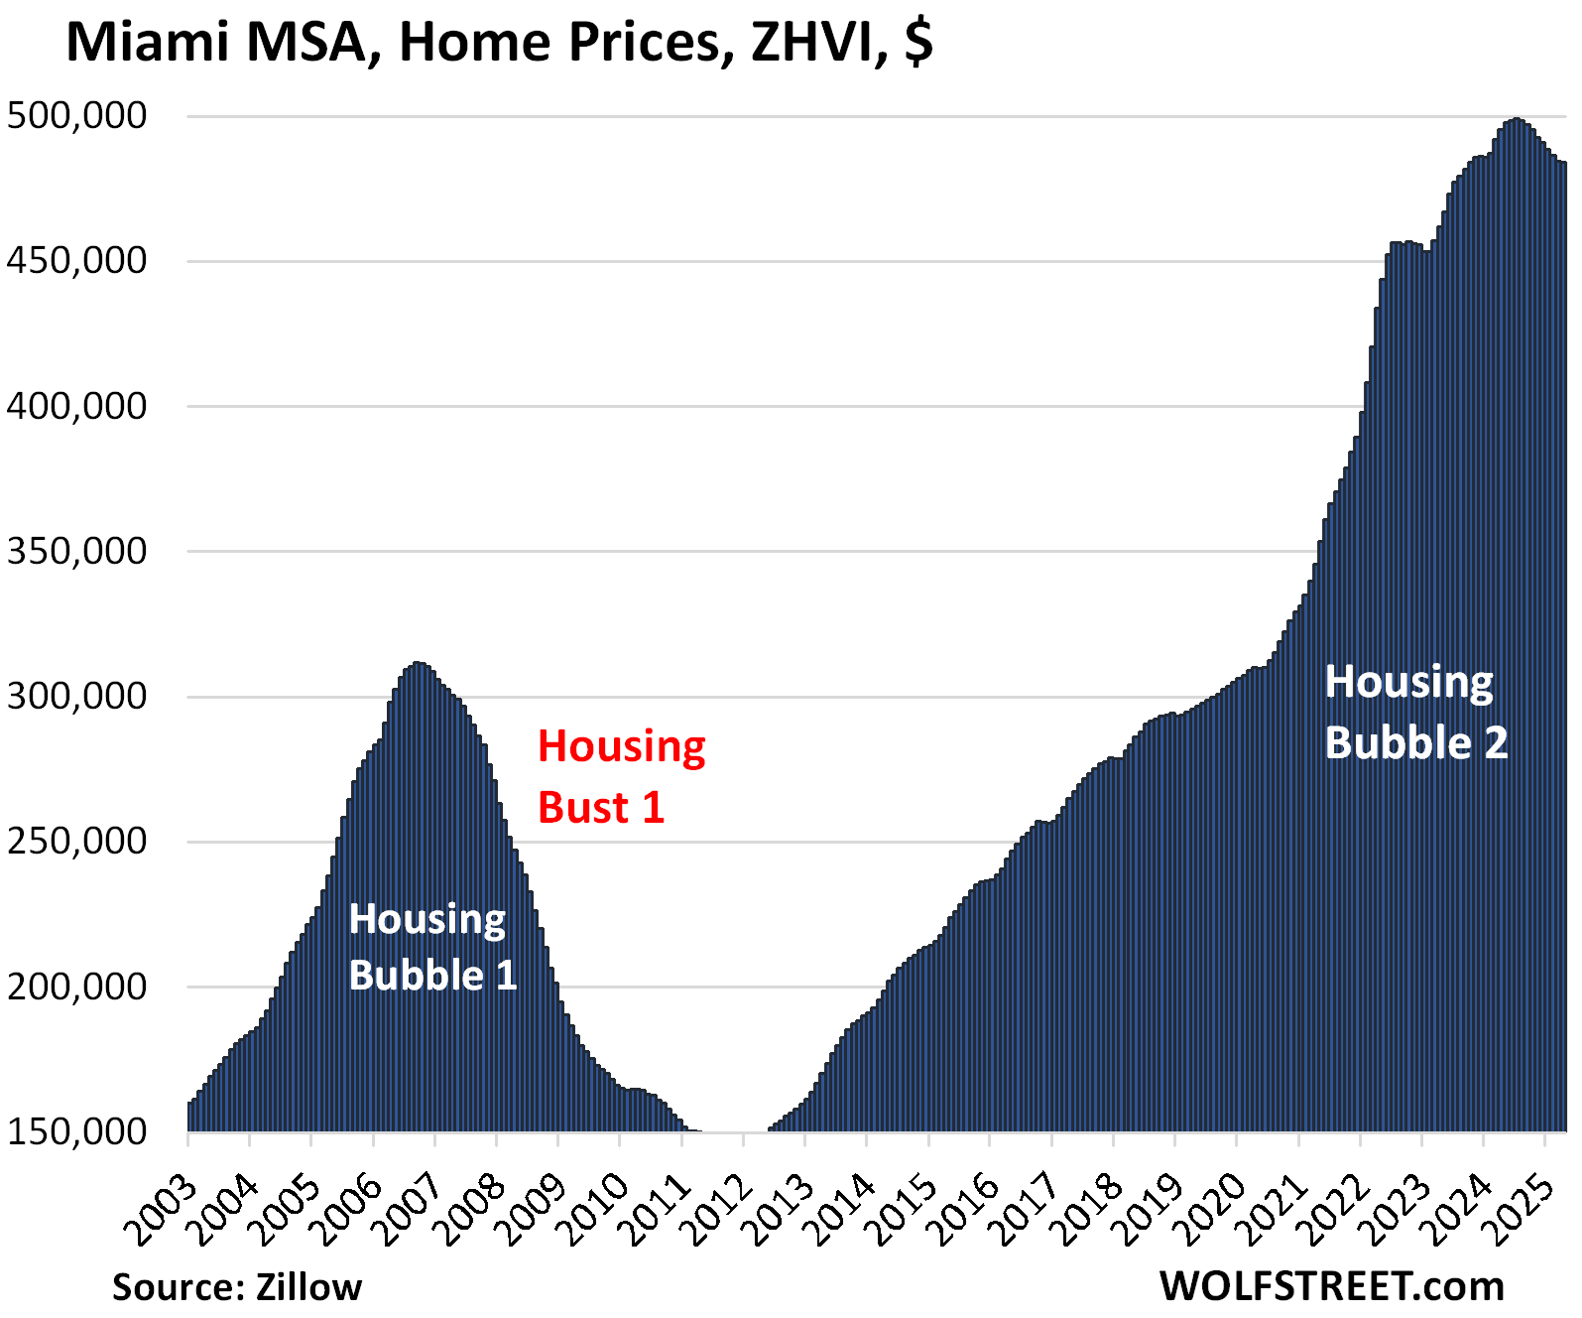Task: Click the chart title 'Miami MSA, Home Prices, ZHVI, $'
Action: pyautogui.click(x=499, y=44)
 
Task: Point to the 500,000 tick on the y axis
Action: pyautogui.click(x=77, y=116)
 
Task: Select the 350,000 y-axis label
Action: pyautogui.click(x=77, y=551)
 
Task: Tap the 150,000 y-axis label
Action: pyautogui.click(x=77, y=1131)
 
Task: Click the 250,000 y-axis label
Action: pyautogui.click(x=77, y=842)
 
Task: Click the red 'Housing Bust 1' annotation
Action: pyautogui.click(x=621, y=777)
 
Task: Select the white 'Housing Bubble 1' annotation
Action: pyautogui.click(x=432, y=948)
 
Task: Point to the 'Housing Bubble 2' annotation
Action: pyautogui.click(x=1415, y=713)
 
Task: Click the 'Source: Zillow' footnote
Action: pyautogui.click(x=237, y=1287)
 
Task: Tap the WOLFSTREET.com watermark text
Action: pyautogui.click(x=1331, y=1286)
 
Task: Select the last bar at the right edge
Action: pyautogui.click(x=1563, y=645)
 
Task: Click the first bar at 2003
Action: pyautogui.click(x=190, y=1117)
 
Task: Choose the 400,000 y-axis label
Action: pyautogui.click(x=77, y=406)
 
